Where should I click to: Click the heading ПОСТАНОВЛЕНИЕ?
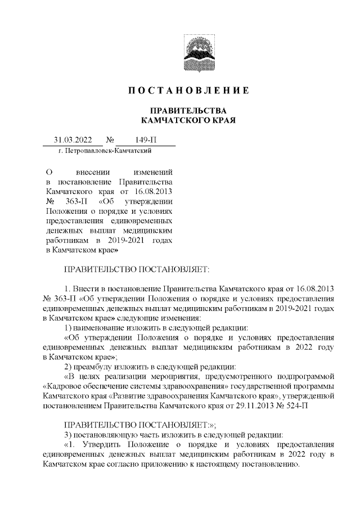point(188,91)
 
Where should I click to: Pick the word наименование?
point(100,327)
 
